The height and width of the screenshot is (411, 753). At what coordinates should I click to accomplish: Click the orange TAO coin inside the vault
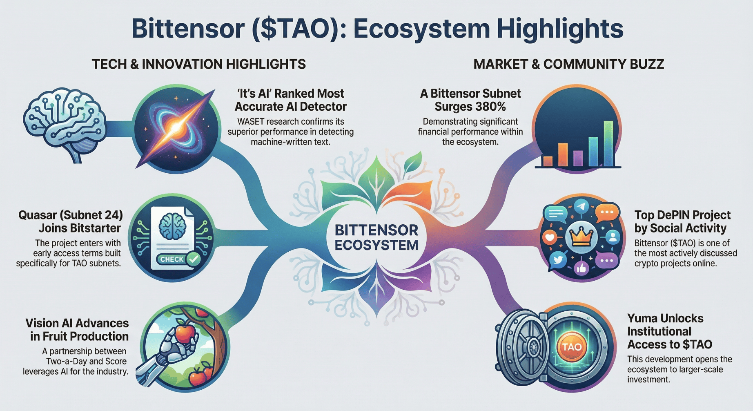click(x=572, y=347)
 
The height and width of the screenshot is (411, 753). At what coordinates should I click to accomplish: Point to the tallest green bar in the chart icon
click(x=608, y=143)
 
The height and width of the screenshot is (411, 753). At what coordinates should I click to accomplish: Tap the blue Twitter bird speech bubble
click(x=558, y=260)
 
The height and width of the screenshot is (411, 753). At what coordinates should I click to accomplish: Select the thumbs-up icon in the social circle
click(x=581, y=268)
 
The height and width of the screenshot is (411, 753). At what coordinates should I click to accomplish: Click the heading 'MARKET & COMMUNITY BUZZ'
click(x=569, y=64)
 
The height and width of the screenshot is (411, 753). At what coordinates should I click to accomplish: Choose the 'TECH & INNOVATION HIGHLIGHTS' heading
click(x=198, y=64)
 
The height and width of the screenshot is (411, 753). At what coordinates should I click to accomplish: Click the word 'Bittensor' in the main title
click(x=188, y=29)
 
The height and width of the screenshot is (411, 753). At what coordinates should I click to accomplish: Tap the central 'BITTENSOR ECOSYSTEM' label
click(x=376, y=237)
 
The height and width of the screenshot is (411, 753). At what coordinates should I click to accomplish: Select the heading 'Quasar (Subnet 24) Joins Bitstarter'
click(x=71, y=221)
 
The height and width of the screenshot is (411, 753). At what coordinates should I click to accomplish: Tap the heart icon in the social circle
click(x=550, y=237)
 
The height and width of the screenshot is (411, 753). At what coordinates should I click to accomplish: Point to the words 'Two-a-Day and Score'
click(x=86, y=362)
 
